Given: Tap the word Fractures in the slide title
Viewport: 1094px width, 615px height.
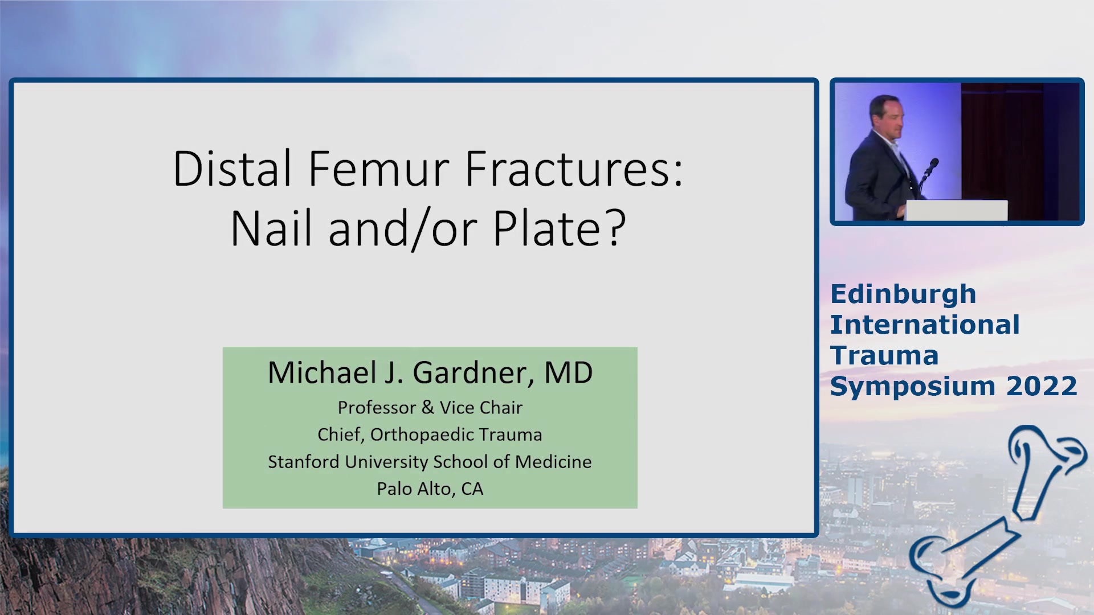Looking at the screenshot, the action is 574,169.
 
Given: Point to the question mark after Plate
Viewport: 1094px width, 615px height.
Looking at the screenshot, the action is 615,228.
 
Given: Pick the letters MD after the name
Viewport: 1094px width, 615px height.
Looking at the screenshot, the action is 568,372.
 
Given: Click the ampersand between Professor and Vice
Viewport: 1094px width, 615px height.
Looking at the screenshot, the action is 427,408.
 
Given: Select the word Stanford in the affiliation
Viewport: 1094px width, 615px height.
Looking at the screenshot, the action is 304,462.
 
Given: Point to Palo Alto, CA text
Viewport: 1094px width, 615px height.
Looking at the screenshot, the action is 430,489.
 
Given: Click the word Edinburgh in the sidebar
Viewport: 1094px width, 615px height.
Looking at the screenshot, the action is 903,295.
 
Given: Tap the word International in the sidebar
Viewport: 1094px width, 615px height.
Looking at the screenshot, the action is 925,325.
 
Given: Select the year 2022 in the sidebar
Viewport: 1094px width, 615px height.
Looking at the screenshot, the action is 1042,386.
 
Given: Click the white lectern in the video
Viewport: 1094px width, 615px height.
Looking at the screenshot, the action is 956,210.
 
